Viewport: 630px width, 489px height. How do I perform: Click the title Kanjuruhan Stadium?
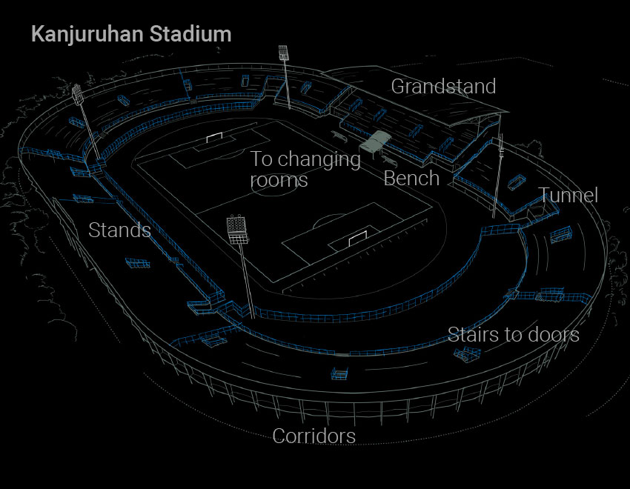[x=131, y=34]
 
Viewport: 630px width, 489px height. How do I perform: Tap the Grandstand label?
[x=443, y=87]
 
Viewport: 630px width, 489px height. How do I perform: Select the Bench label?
[x=411, y=179]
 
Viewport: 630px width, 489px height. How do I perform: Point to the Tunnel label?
[x=568, y=195]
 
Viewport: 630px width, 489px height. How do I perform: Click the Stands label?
[x=120, y=230]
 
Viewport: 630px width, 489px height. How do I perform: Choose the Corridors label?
[x=314, y=436]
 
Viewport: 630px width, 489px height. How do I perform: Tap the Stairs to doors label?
[x=514, y=334]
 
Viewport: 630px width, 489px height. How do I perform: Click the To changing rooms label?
[x=305, y=170]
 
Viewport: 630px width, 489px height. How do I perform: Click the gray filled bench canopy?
[x=375, y=142]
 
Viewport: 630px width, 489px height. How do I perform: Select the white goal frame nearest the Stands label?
[x=357, y=238]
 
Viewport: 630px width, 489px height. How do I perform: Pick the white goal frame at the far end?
[x=214, y=137]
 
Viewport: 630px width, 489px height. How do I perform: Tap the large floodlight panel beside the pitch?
[x=237, y=230]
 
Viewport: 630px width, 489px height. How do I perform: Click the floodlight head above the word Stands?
[x=77, y=94]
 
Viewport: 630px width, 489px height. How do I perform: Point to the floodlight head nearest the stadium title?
[x=283, y=52]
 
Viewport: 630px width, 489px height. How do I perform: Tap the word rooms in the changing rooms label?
[x=279, y=180]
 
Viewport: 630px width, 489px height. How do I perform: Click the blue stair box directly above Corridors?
[x=339, y=373]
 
